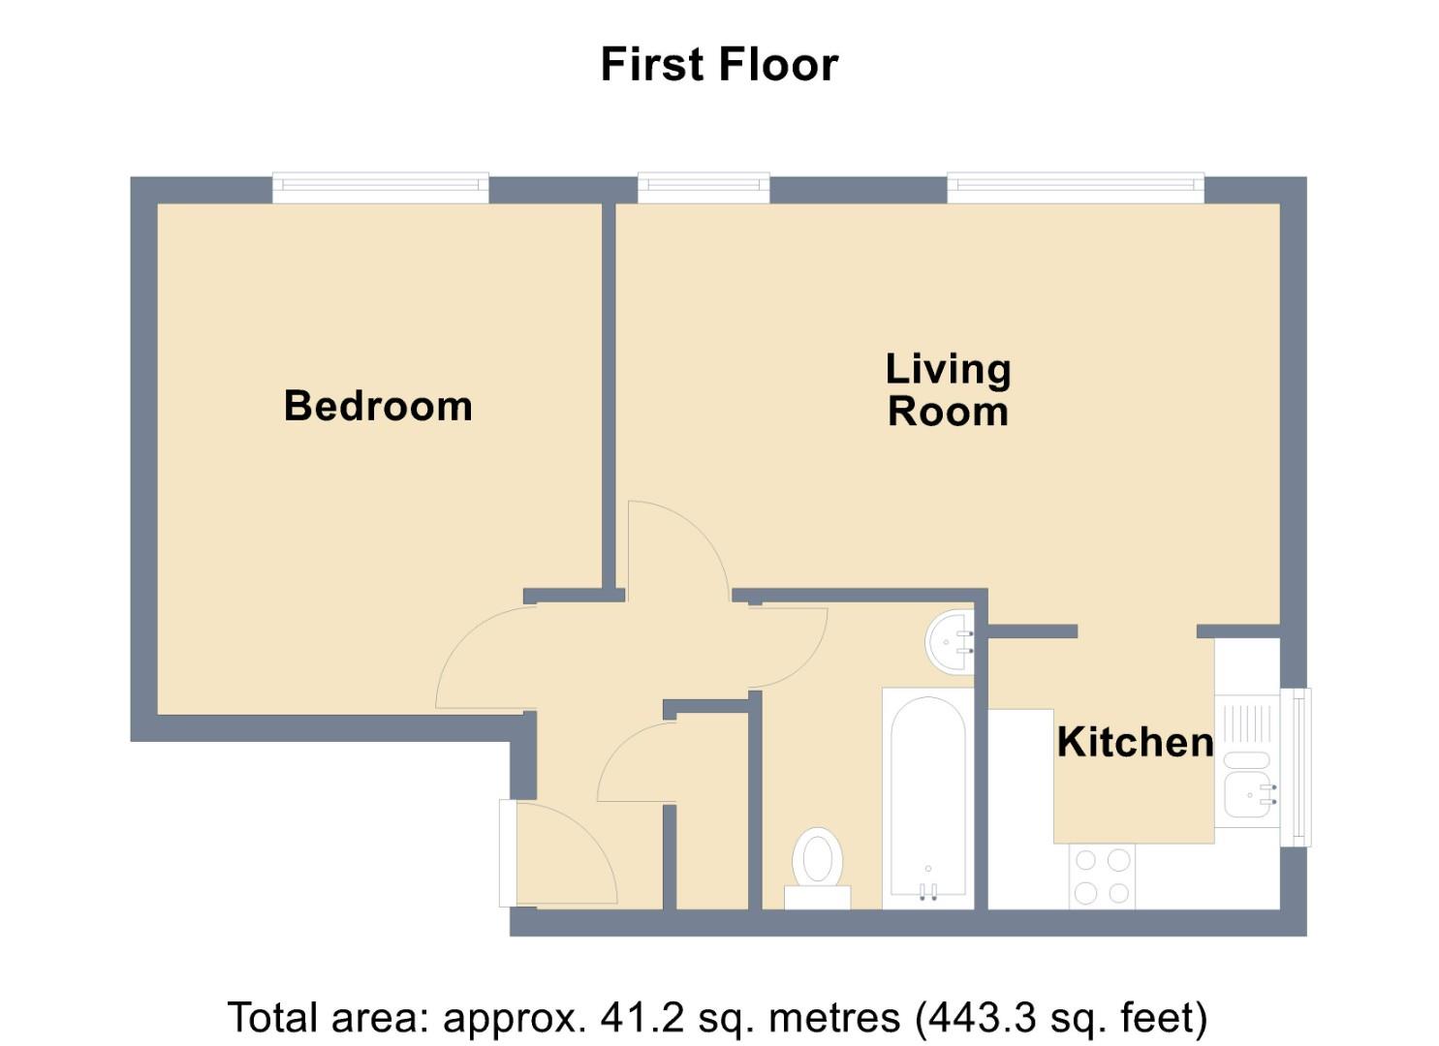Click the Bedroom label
coord(378,407)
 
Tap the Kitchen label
coord(1135,742)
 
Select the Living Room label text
coord(949,389)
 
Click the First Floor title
coord(719,65)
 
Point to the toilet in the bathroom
coord(817,869)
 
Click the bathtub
coord(928,799)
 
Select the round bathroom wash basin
coord(950,642)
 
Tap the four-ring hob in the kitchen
coord(1102,877)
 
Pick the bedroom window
coord(380,188)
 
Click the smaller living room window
coord(704,188)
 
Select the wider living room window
coord(1076,188)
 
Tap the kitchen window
coord(1295,767)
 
